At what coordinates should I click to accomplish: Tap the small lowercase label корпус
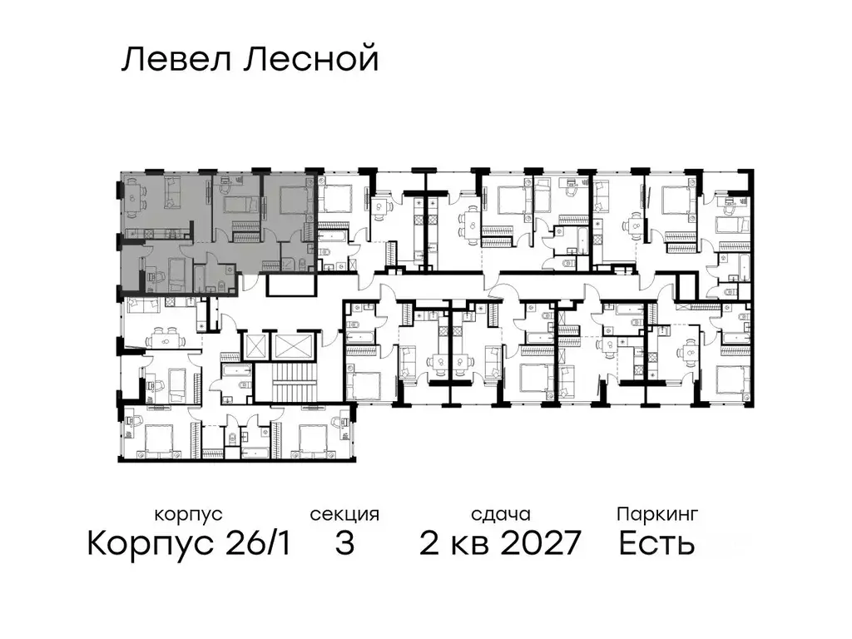point(188,514)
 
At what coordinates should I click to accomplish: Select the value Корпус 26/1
point(189,544)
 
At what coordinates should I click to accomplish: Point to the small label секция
point(344,514)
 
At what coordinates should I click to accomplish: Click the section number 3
point(344,544)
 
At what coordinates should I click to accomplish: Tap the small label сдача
point(499,514)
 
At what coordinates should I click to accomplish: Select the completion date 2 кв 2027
point(499,544)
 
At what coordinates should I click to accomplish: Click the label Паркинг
point(656,514)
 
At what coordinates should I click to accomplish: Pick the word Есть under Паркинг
point(656,544)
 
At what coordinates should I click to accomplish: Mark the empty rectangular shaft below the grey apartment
point(291,285)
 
